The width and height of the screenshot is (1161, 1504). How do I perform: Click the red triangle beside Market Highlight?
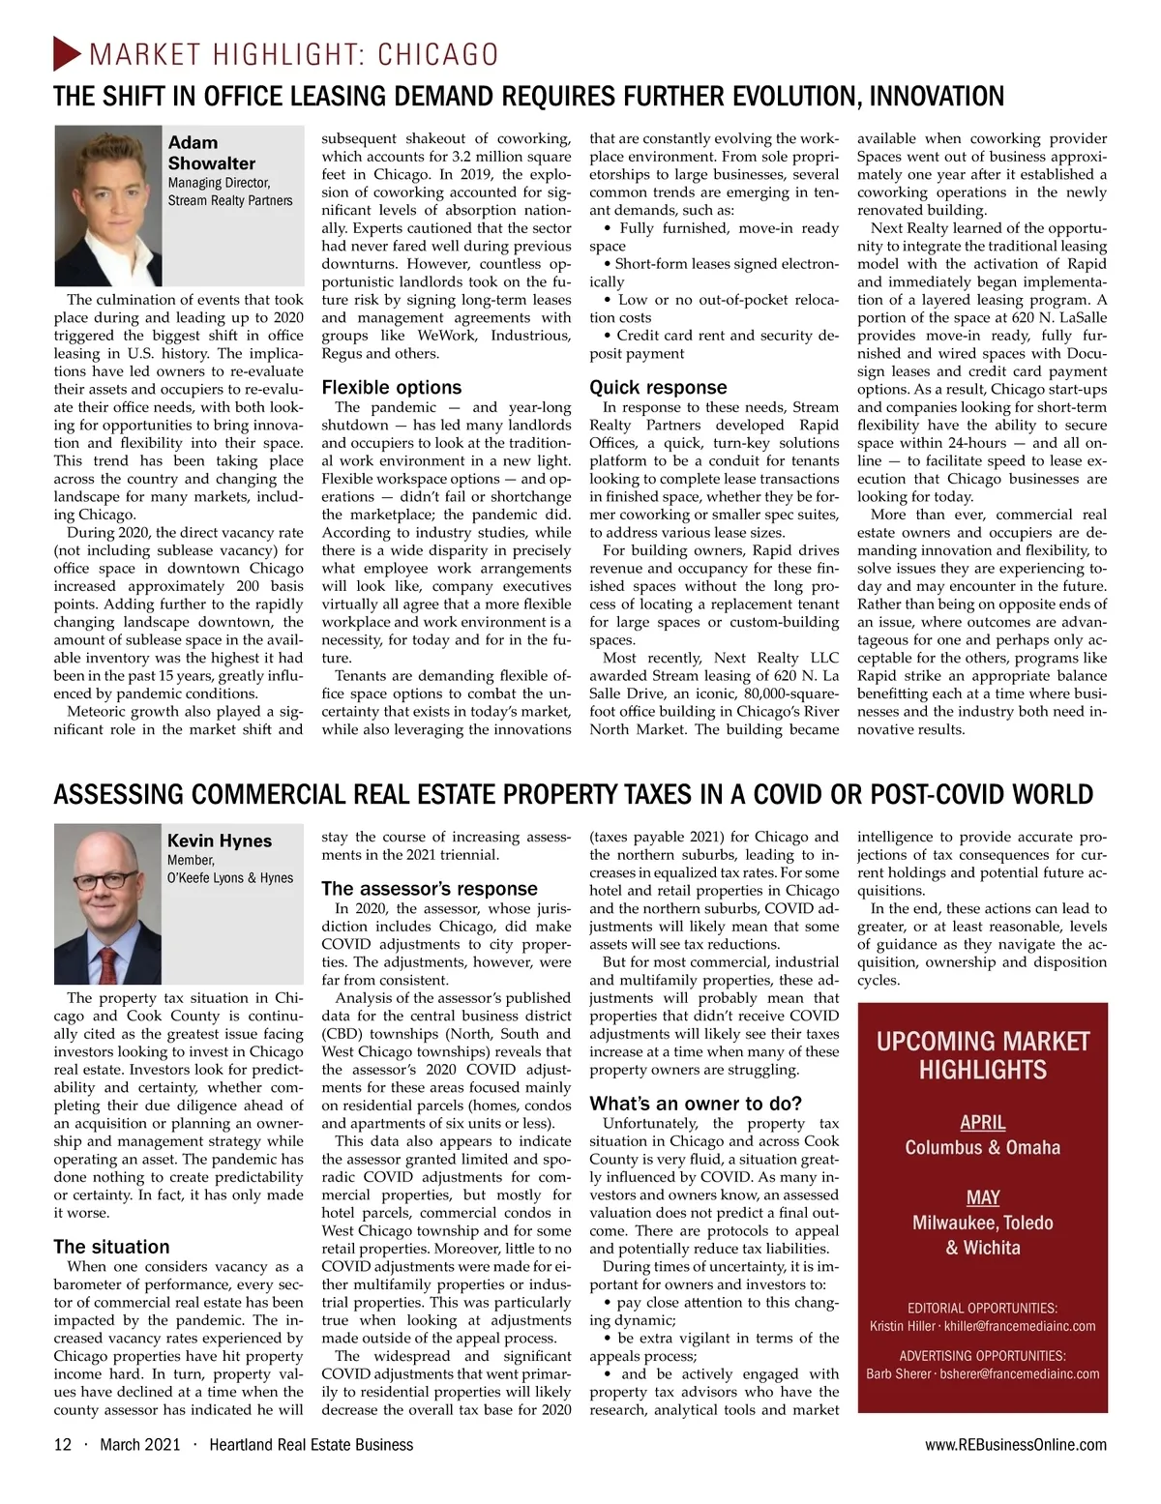click(67, 53)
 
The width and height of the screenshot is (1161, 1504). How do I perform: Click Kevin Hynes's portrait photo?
click(107, 903)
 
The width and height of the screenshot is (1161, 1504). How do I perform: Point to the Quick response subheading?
click(658, 387)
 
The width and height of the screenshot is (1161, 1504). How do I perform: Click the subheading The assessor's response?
click(429, 888)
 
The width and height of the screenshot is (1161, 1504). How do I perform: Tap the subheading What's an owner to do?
click(696, 1104)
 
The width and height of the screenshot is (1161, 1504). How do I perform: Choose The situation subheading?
click(111, 1247)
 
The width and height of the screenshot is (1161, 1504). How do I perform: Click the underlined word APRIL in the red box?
click(982, 1122)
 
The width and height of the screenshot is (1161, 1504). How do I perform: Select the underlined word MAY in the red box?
click(982, 1197)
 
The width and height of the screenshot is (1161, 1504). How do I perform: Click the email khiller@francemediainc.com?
click(1020, 1326)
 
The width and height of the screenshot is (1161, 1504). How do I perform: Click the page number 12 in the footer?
click(63, 1444)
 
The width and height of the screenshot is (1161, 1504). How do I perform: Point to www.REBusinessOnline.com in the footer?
click(1016, 1444)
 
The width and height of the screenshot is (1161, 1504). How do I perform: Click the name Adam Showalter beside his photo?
click(211, 153)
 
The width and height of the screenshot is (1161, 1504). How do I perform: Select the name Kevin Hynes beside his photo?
click(219, 840)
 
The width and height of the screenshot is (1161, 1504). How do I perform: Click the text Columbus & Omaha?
click(982, 1147)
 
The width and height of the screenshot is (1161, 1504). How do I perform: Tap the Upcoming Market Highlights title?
click(982, 1055)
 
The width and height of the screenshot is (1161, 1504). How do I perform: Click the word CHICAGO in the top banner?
click(437, 54)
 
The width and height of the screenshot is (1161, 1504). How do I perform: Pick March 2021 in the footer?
click(140, 1444)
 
